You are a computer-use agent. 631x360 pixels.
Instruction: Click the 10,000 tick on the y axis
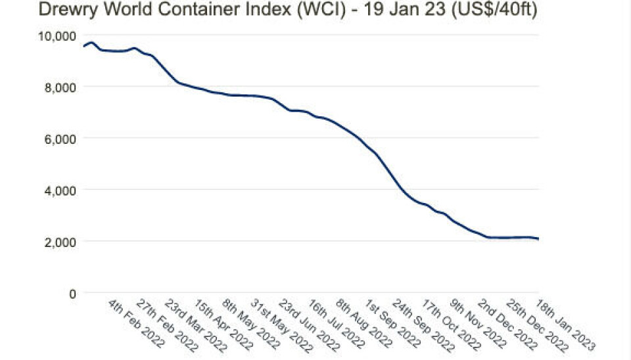[58, 35]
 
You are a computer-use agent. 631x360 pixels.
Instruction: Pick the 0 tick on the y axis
[72, 293]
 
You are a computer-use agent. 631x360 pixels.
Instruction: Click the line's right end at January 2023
[538, 239]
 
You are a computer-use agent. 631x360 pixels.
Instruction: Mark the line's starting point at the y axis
[83, 46]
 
